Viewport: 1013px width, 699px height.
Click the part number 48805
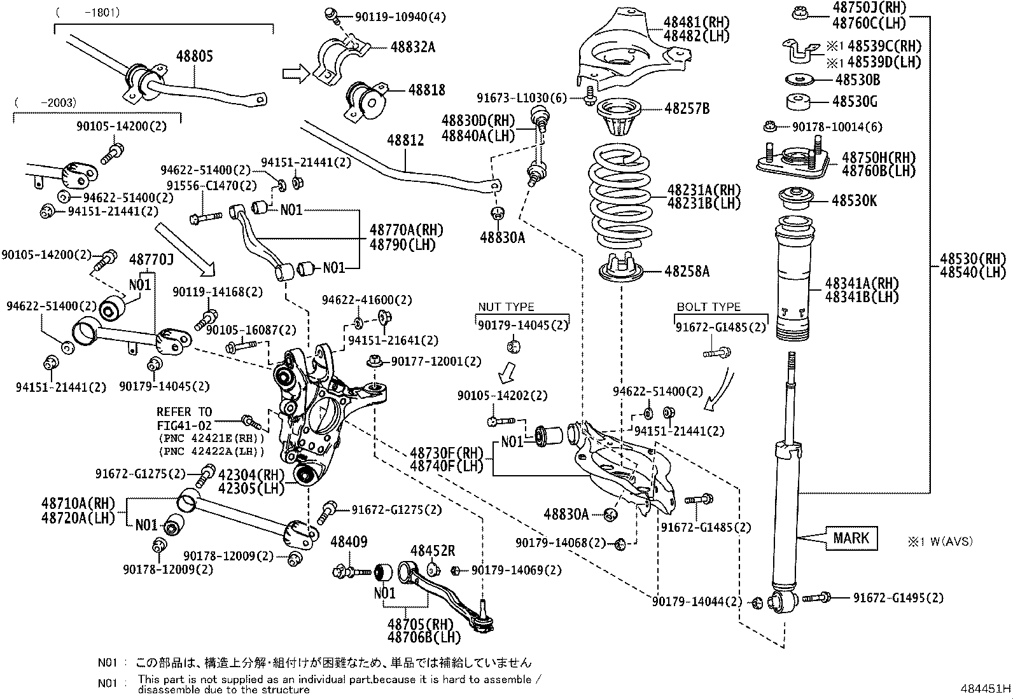(194, 56)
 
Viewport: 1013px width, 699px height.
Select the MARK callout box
(851, 538)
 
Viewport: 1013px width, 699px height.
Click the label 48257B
(687, 109)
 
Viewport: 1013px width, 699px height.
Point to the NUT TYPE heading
(506, 307)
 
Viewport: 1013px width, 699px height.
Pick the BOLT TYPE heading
(708, 307)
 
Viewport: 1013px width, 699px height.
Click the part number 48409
(349, 542)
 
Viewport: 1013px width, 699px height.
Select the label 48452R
(432, 550)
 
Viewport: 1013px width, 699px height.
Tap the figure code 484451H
(986, 689)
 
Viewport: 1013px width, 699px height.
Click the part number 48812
(406, 141)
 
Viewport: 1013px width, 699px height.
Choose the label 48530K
(854, 201)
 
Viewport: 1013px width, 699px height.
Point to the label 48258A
(687, 272)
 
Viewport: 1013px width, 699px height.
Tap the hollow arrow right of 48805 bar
(295, 74)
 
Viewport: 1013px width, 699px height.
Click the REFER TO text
(184, 412)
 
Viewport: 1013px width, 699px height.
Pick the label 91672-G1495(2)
(898, 598)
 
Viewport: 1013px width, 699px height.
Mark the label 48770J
(151, 260)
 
